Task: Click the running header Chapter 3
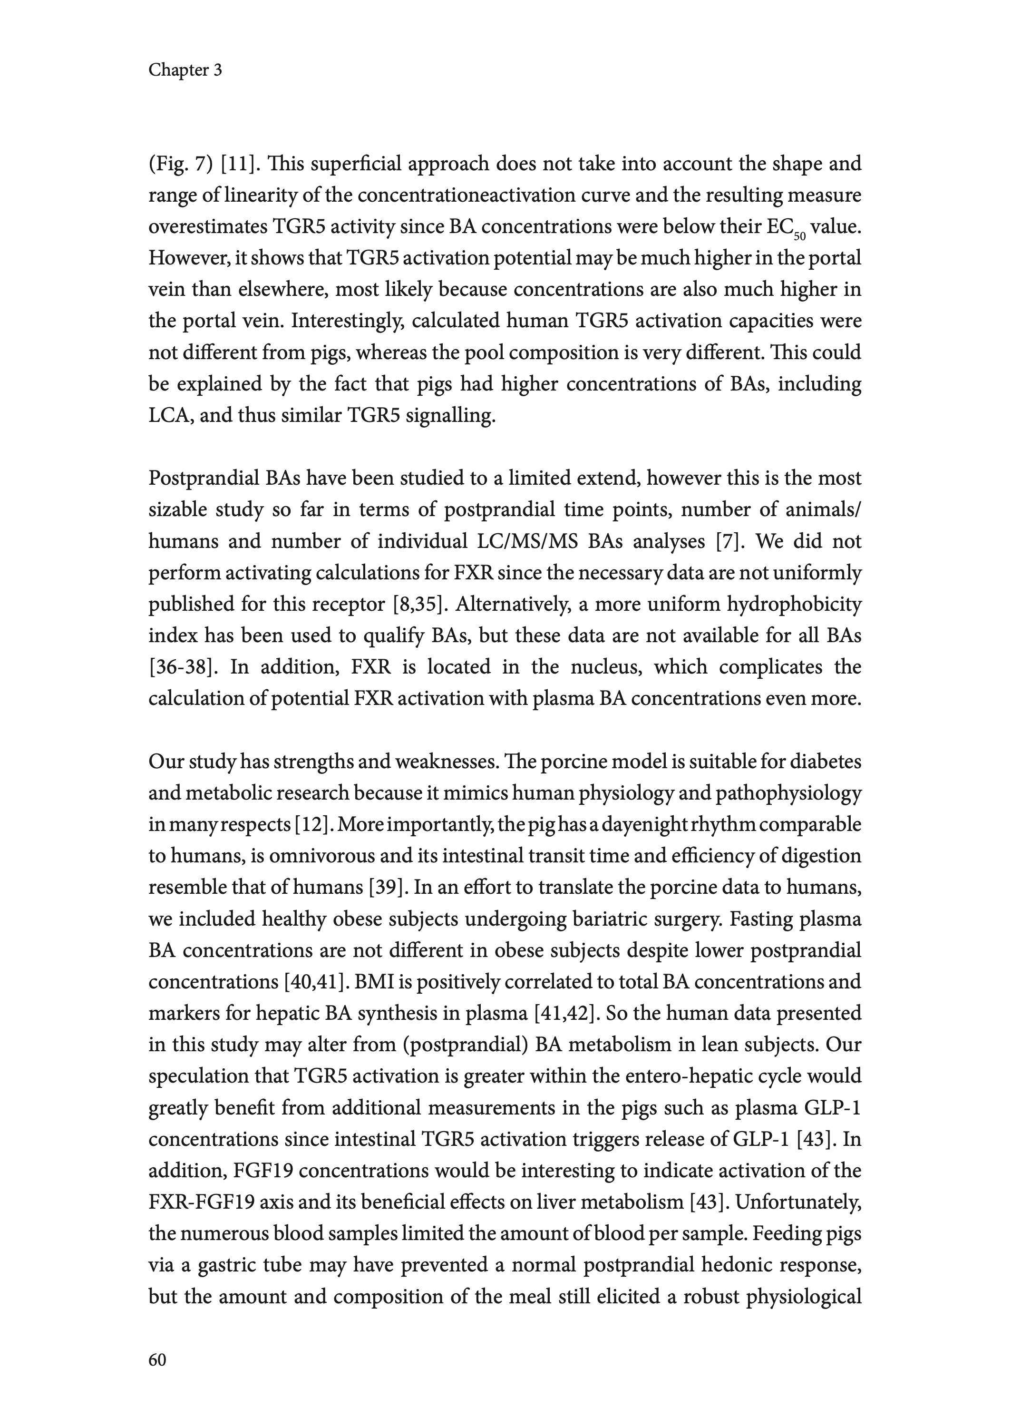coord(185,70)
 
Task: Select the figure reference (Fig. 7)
coord(181,164)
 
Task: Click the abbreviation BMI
coord(374,982)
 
